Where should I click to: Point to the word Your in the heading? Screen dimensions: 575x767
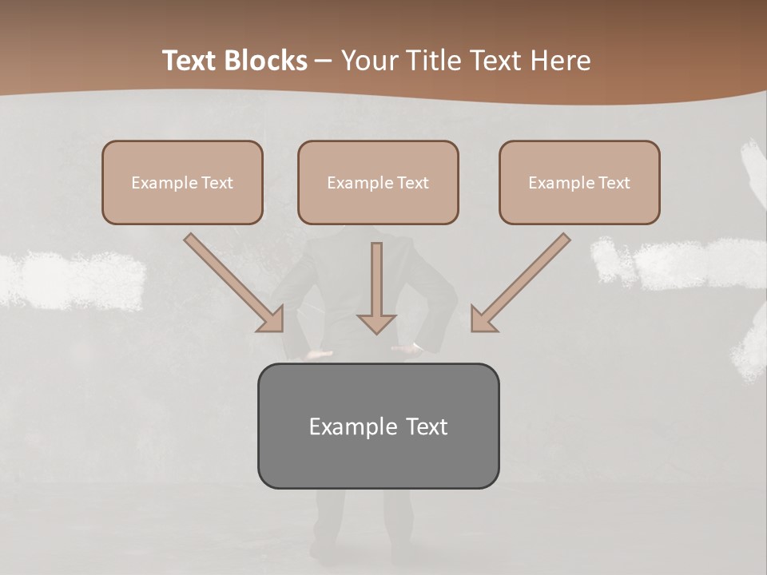[x=370, y=61]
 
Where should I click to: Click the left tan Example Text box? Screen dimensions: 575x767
[x=182, y=183]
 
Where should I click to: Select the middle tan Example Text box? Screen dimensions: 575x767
[x=378, y=183]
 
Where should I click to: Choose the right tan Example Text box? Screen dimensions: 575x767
[x=579, y=183]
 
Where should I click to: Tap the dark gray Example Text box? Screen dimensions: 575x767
[x=378, y=426]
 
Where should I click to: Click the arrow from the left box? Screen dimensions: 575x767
[x=231, y=280]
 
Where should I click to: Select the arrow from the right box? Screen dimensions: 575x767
[x=523, y=280]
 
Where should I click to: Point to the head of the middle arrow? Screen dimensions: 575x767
[x=376, y=323]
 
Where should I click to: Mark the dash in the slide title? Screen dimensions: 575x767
[x=324, y=61]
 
